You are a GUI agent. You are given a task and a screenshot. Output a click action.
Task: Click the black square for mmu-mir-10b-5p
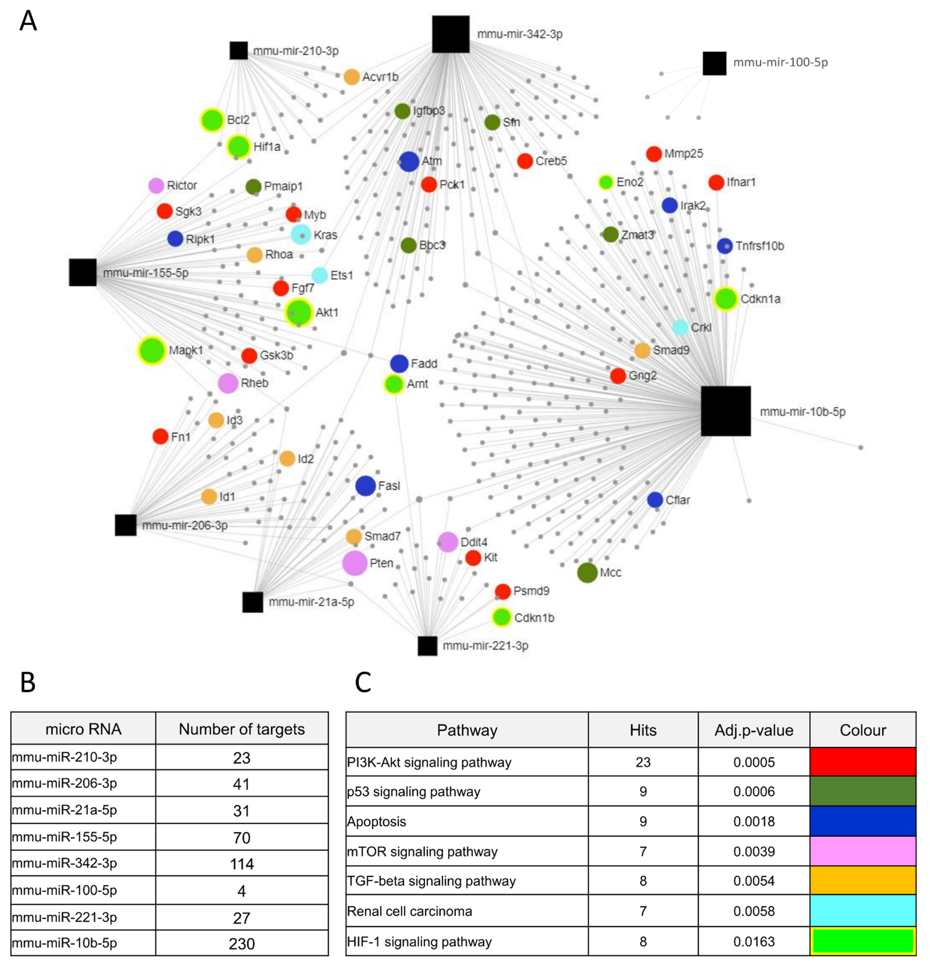pos(725,411)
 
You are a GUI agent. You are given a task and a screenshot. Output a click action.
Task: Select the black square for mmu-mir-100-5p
pos(714,63)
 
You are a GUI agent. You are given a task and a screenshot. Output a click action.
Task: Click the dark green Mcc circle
pos(587,572)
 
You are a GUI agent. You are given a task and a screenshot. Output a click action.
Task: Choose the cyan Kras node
pos(301,235)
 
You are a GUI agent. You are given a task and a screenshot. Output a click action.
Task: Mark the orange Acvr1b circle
pos(351,77)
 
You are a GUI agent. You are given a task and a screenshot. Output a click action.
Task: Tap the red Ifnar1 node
pos(716,182)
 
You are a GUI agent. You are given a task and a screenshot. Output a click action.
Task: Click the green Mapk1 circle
pos(152,350)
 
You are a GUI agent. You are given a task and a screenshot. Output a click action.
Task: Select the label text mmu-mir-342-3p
pos(520,34)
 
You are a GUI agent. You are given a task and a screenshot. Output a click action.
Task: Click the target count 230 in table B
pos(242,943)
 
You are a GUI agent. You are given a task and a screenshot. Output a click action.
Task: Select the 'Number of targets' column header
pos(242,729)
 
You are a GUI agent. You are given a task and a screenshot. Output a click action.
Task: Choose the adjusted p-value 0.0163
pos(753,941)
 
